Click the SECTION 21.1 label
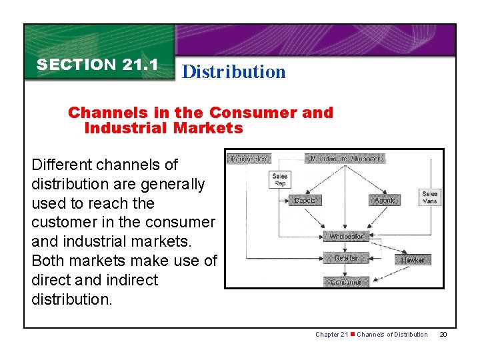coord(97,65)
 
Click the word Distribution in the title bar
coord(233,72)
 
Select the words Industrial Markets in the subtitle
coord(163,128)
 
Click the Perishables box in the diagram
coord(248,159)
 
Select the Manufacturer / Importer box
coord(345,159)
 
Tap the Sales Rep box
coord(280,180)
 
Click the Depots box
coord(305,200)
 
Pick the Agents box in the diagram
coord(385,200)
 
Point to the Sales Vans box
coord(430,197)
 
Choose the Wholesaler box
coord(346,237)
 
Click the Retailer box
coord(345,258)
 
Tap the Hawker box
coord(413,260)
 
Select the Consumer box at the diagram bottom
coord(345,282)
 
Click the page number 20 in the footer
coord(443,334)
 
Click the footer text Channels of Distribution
coord(392,334)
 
